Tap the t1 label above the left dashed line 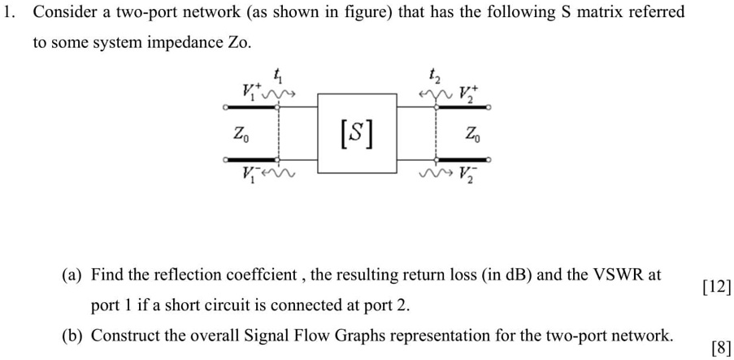[x=279, y=76]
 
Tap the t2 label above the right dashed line [x=436, y=76]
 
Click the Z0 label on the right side [x=471, y=133]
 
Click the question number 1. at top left [x=10, y=12]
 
